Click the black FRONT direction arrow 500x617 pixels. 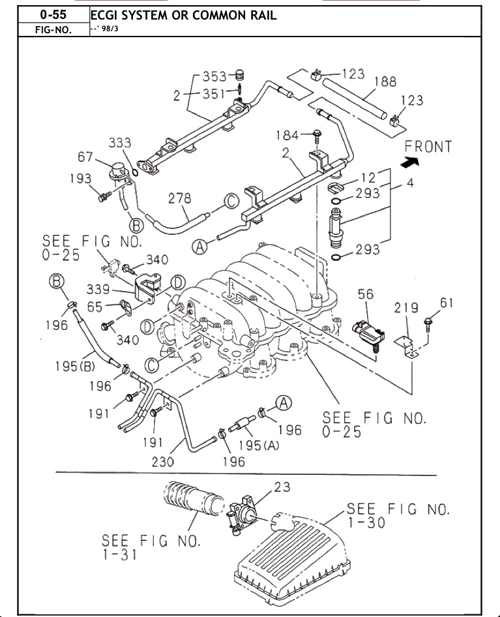click(410, 161)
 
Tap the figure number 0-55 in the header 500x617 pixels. click(53, 15)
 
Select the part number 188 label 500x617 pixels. click(385, 82)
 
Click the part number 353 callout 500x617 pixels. click(214, 76)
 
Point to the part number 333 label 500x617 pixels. click(120, 142)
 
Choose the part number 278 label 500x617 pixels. click(180, 198)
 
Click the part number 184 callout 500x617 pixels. click(287, 136)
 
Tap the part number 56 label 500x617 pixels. click(366, 294)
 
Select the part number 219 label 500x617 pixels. click(406, 308)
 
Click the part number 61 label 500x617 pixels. click(447, 303)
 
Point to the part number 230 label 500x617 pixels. click(163, 461)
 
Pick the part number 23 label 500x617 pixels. click(282, 487)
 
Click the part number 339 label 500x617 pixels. click(98, 289)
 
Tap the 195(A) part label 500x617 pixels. click(259, 445)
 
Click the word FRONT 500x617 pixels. click(428, 147)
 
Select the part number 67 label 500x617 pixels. click(85, 157)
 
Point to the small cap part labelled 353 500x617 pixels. click(241, 74)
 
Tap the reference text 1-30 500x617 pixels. click(366, 523)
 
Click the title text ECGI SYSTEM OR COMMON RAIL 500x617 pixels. click(183, 16)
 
